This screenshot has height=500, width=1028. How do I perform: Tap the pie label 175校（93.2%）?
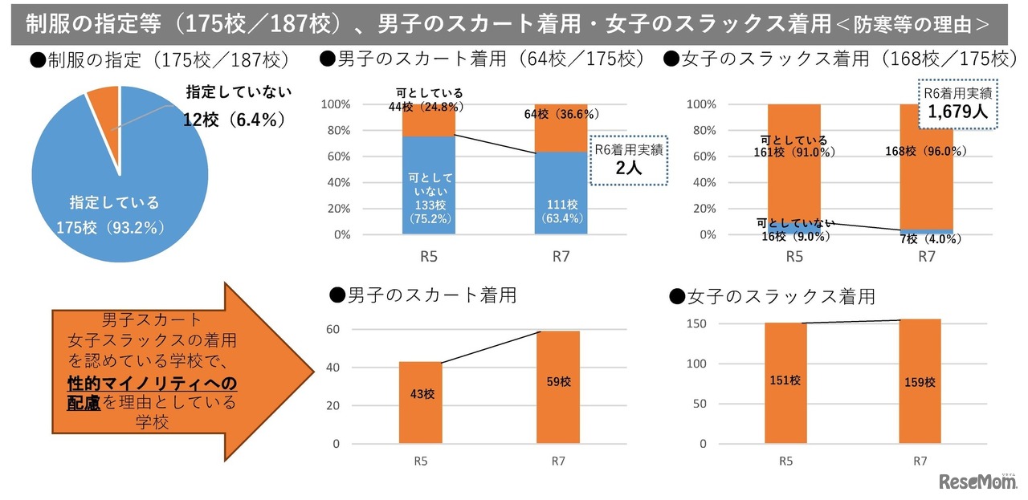click(x=110, y=228)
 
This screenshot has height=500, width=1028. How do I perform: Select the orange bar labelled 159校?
click(x=920, y=382)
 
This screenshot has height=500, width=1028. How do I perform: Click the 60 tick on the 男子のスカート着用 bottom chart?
click(x=332, y=330)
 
